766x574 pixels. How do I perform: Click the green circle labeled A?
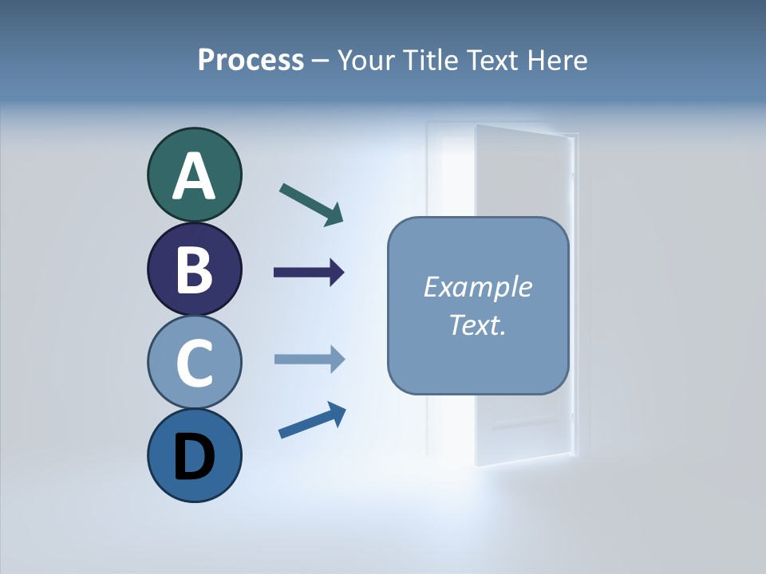click(x=194, y=175)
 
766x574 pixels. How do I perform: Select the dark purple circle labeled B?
click(x=194, y=269)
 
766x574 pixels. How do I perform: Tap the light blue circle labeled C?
click(x=194, y=362)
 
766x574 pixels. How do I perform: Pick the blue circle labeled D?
click(x=194, y=455)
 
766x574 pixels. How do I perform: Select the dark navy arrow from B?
click(x=308, y=273)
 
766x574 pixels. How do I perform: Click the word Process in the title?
click(x=251, y=61)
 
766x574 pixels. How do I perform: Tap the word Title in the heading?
click(x=436, y=61)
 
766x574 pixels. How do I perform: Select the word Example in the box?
click(x=477, y=287)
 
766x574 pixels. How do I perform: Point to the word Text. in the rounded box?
click(x=477, y=324)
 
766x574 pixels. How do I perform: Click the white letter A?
click(x=194, y=177)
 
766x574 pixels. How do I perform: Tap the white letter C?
click(x=194, y=363)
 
